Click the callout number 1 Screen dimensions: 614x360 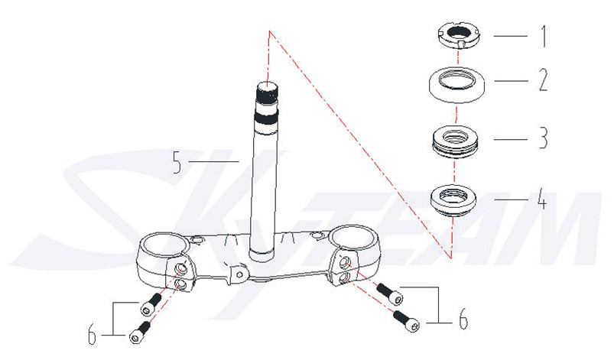tap(544, 37)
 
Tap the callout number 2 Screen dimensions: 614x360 tap(543, 80)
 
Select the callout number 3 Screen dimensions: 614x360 tap(543, 138)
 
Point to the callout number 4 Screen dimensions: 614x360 tap(541, 199)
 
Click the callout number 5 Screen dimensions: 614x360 tap(177, 162)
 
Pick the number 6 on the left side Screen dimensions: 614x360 tap(92, 335)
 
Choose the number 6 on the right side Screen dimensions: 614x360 tap(463, 319)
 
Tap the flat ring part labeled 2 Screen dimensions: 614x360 tap(456, 85)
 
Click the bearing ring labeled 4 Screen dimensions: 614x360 tap(454, 200)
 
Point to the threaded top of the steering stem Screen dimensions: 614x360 tap(267, 92)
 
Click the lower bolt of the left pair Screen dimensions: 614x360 tap(139, 332)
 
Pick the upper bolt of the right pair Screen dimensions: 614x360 tap(390, 294)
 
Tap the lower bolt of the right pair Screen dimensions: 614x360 tap(407, 321)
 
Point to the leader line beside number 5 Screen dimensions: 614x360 tap(214, 161)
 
